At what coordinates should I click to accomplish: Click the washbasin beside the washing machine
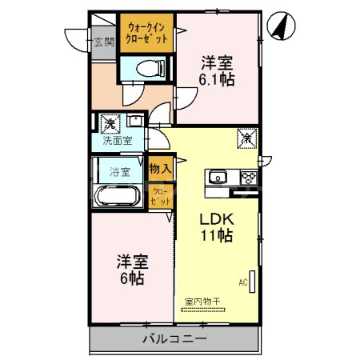tap(134, 122)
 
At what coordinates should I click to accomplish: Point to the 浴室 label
tap(119, 170)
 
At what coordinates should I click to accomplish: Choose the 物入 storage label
tap(160, 168)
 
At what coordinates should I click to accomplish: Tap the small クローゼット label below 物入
tap(160, 196)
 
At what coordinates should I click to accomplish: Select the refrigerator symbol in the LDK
tap(246, 138)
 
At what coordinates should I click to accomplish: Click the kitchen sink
tap(218, 178)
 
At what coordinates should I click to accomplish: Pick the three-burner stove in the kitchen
tap(247, 178)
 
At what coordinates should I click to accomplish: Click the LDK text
tap(216, 218)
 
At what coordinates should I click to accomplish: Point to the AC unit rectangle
tap(252, 282)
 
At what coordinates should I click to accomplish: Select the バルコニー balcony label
tap(174, 338)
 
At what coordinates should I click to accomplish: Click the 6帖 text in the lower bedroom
tap(132, 279)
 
